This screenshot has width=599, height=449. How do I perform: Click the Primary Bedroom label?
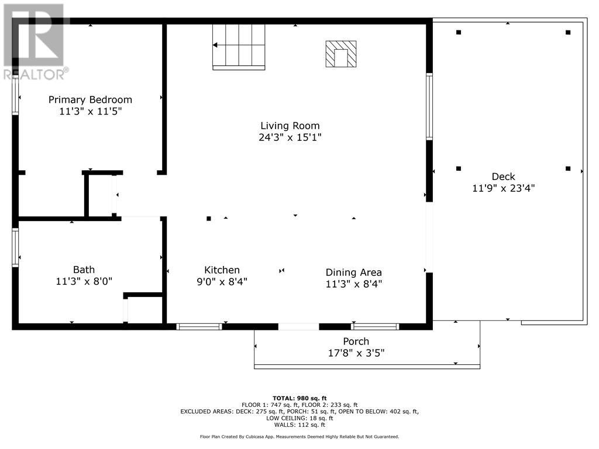click(90, 99)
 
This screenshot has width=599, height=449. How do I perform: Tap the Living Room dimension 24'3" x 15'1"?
click(290, 138)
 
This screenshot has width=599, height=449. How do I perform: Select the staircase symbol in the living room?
click(239, 46)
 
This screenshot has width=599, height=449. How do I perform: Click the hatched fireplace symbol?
click(340, 54)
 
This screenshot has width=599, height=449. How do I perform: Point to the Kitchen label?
click(222, 270)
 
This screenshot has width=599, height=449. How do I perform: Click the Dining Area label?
click(353, 272)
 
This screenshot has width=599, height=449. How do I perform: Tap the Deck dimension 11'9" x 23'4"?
click(503, 188)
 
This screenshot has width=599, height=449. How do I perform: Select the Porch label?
click(356, 341)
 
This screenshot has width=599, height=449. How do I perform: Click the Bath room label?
click(84, 270)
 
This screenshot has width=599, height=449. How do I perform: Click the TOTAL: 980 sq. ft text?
click(299, 398)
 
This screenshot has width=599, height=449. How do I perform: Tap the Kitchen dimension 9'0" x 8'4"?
click(222, 282)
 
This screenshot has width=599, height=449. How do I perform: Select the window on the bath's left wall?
click(15, 247)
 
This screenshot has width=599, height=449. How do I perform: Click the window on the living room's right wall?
click(429, 106)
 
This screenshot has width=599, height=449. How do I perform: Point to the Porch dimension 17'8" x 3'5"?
click(356, 353)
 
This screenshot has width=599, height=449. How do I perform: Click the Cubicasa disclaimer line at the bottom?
click(299, 437)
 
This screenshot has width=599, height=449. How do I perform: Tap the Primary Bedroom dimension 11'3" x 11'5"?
click(90, 111)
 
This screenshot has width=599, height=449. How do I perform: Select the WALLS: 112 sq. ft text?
click(299, 424)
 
